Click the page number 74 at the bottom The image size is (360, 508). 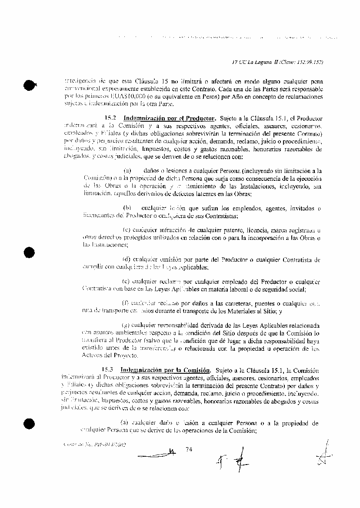[x=189, y=449]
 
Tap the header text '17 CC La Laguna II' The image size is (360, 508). [x=256, y=63]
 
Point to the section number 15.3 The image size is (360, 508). [x=108, y=370]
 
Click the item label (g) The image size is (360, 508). [x=126, y=325]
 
